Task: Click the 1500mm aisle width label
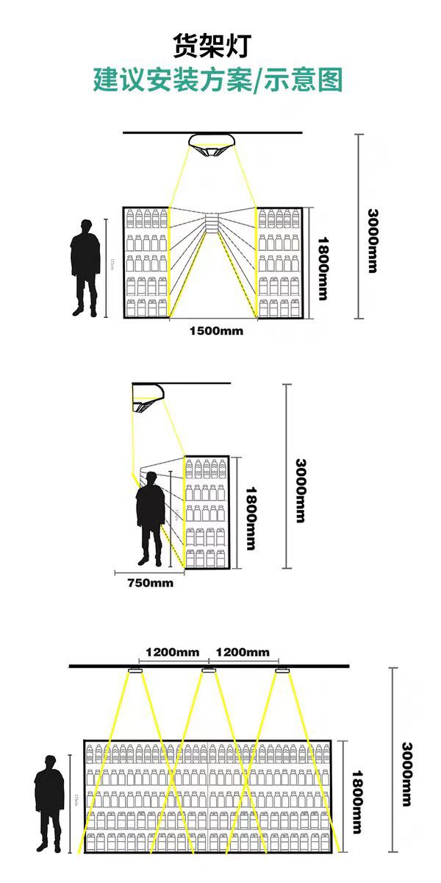(215, 330)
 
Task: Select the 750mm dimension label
(151, 583)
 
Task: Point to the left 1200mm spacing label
(172, 652)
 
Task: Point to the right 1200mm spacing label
(243, 652)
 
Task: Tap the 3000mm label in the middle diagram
(299, 491)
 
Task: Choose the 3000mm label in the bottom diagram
(406, 773)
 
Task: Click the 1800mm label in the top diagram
(322, 267)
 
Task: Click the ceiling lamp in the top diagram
(212, 143)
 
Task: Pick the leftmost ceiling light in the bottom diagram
(135, 670)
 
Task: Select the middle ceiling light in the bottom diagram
(209, 670)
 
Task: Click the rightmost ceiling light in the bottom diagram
(282, 670)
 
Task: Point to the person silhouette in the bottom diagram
(49, 803)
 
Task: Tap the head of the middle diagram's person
(151, 478)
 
